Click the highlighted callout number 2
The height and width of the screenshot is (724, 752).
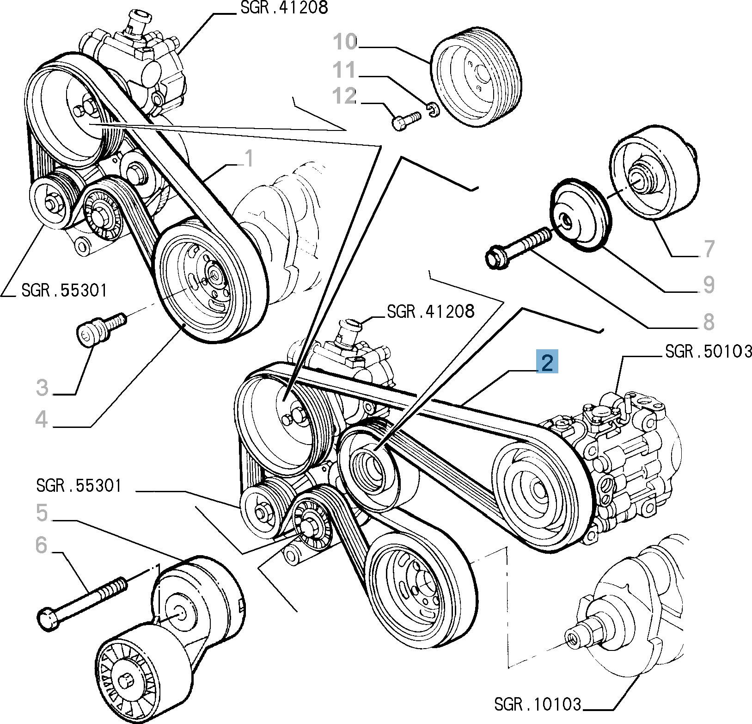point(547,362)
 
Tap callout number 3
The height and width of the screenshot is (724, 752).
point(42,388)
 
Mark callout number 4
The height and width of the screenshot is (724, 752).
point(42,419)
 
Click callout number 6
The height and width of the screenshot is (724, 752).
point(42,545)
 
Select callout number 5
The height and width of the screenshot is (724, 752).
point(42,513)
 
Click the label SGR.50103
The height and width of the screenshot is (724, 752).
point(708,352)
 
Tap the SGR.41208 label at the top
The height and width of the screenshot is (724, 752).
point(284,8)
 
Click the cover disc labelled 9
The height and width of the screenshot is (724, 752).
point(580,216)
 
